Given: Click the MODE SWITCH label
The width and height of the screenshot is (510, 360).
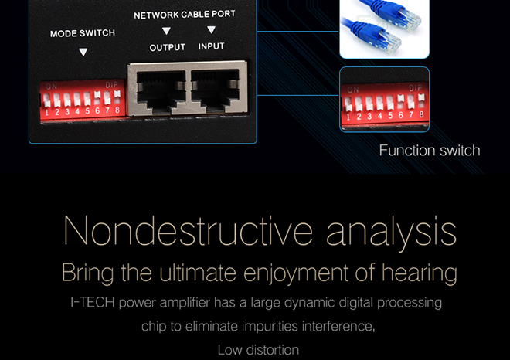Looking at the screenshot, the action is pyautogui.click(x=83, y=33).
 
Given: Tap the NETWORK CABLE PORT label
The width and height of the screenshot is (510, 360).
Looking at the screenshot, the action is pyautogui.click(x=185, y=15).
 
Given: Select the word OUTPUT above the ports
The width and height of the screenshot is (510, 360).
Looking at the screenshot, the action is pyautogui.click(x=168, y=47).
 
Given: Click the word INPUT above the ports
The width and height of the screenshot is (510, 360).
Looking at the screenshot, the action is pyautogui.click(x=212, y=46).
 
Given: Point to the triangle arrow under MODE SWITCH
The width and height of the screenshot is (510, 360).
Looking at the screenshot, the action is pyautogui.click(x=83, y=52).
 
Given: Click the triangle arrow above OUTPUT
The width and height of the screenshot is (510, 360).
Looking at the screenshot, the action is pyautogui.click(x=166, y=31).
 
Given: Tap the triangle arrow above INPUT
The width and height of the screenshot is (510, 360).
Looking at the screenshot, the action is pyautogui.click(x=211, y=29).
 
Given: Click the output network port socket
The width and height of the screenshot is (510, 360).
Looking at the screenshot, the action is pyautogui.click(x=157, y=90).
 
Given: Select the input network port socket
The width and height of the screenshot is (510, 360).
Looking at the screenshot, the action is pyautogui.click(x=216, y=89).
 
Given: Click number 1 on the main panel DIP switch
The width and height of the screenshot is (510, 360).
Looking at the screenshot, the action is pyautogui.click(x=47, y=113).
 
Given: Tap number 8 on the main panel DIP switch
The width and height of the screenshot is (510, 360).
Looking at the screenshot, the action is pyautogui.click(x=117, y=110).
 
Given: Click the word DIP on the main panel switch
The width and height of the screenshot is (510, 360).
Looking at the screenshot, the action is pyautogui.click(x=111, y=85).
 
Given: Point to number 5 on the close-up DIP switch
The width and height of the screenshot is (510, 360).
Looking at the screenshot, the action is pyautogui.click(x=390, y=115).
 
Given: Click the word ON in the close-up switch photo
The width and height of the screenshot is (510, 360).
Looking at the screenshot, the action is pyautogui.click(x=353, y=90).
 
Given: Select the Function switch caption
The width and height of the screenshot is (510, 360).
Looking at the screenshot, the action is pyautogui.click(x=430, y=151).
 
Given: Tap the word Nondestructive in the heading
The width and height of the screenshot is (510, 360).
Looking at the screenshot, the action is pyautogui.click(x=188, y=230).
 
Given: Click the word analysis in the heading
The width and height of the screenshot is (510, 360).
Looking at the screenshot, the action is pyautogui.click(x=392, y=233).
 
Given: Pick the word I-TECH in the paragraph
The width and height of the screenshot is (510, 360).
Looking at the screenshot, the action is pyautogui.click(x=93, y=302).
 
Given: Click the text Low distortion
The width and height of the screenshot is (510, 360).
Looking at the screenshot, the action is pyautogui.click(x=258, y=350).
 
